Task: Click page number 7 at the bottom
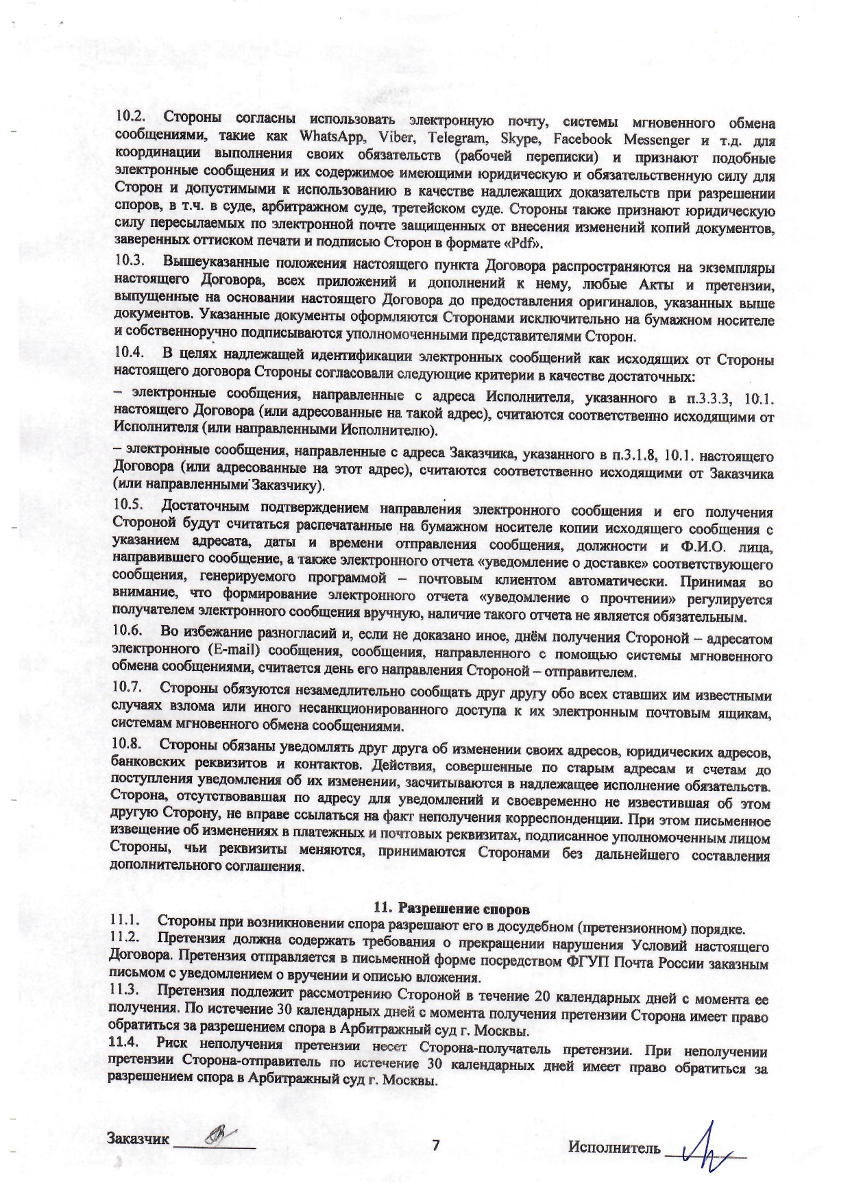[x=435, y=1144]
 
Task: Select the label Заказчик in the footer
[x=137, y=1139]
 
